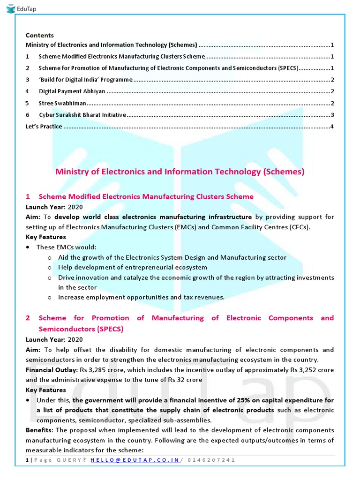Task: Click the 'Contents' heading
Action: pos(39,35)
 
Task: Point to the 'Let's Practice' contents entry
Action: pos(44,127)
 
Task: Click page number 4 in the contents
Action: pos(332,127)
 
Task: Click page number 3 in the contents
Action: pos(332,115)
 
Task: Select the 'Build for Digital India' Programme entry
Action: pos(85,80)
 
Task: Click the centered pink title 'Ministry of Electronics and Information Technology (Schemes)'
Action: pos(180,172)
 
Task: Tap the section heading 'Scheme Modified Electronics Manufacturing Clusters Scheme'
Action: pos(146,196)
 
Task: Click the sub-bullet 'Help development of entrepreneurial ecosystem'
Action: pos(132,267)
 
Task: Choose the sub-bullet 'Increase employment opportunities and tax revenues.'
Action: pos(141,297)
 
